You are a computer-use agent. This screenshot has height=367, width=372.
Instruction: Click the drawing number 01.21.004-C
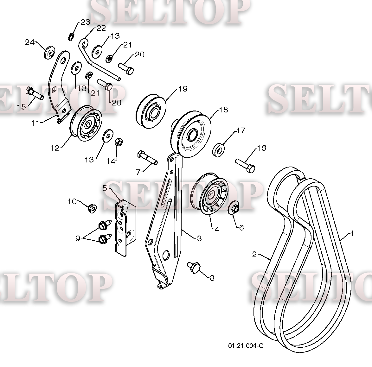[x=246, y=346]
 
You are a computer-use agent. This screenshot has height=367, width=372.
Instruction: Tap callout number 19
[x=183, y=89]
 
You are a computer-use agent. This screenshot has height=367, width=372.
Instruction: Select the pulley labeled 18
[x=191, y=133]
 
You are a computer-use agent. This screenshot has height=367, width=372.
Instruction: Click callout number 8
[x=212, y=278]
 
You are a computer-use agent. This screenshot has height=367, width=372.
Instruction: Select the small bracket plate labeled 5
[x=125, y=228]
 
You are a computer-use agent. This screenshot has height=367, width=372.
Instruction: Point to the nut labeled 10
[x=92, y=208]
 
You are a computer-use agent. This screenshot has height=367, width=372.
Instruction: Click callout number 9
[x=78, y=238]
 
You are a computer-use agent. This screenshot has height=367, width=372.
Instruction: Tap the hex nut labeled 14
[x=119, y=142]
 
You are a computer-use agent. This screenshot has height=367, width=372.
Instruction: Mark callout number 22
[x=101, y=28]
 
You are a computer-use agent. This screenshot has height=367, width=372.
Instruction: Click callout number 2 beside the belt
[x=254, y=255]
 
